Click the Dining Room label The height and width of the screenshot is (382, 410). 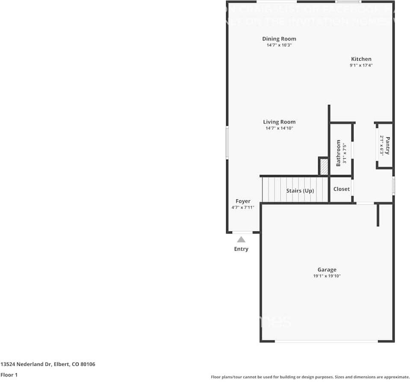pyautogui.click(x=279, y=39)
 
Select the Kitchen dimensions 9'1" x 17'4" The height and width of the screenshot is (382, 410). pyautogui.click(x=361, y=65)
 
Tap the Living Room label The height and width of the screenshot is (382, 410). pyautogui.click(x=279, y=122)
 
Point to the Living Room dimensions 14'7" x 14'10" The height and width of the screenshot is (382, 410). pyautogui.click(x=279, y=128)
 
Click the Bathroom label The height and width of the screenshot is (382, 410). pyautogui.click(x=338, y=153)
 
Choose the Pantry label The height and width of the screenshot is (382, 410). pyautogui.click(x=387, y=145)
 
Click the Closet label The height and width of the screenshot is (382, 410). pyautogui.click(x=341, y=189)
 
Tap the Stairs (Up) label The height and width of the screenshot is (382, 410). pyautogui.click(x=300, y=191)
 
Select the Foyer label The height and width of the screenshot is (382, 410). pyautogui.click(x=243, y=201)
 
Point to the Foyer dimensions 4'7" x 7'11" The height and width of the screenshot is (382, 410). pyautogui.click(x=243, y=207)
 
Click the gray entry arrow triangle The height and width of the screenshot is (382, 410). pyautogui.click(x=241, y=240)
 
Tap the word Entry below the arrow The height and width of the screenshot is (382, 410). pyautogui.click(x=241, y=249)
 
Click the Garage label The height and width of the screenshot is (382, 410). pyautogui.click(x=327, y=269)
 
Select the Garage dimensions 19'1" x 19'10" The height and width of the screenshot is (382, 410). pyautogui.click(x=327, y=276)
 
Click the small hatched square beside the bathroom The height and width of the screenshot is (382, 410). pyautogui.click(x=324, y=166)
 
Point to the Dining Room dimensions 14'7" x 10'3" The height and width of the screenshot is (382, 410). pyautogui.click(x=279, y=45)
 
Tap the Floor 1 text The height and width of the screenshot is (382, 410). pyautogui.click(x=9, y=375)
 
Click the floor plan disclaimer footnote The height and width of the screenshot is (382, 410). pyautogui.click(x=310, y=377)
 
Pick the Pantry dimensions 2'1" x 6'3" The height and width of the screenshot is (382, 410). pyautogui.click(x=381, y=145)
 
